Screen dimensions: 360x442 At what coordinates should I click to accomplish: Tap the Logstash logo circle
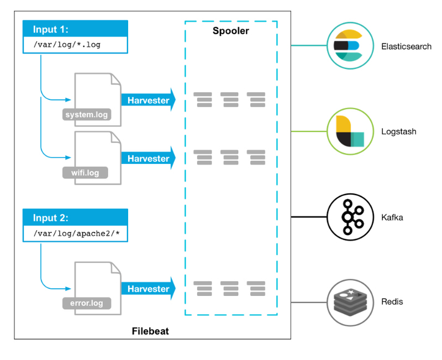[x=348, y=131]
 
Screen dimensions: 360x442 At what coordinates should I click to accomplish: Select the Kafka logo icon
[x=348, y=216]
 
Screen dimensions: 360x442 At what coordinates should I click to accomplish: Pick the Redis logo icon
[x=348, y=302]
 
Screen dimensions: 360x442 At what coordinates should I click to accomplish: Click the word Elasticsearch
[x=406, y=46]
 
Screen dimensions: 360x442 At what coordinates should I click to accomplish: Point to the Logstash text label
[x=399, y=132]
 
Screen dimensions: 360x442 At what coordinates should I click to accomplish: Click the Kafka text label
[x=392, y=217]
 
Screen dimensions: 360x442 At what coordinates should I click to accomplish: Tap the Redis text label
[x=392, y=302]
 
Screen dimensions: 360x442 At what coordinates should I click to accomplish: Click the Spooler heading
[x=231, y=31]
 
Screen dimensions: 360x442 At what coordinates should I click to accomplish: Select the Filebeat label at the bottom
[x=150, y=331]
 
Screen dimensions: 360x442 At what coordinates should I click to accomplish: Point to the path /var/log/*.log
[x=66, y=44]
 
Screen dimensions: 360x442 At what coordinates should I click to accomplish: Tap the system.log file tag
[x=86, y=115]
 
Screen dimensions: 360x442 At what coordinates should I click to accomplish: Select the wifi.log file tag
[x=85, y=173]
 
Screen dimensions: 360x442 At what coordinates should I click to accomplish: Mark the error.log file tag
[x=86, y=303]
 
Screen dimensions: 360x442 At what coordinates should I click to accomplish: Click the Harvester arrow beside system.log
[x=148, y=100]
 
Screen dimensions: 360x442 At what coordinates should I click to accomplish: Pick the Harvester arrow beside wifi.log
[x=148, y=158]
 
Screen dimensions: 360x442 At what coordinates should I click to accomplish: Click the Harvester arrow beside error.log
[x=148, y=289]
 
